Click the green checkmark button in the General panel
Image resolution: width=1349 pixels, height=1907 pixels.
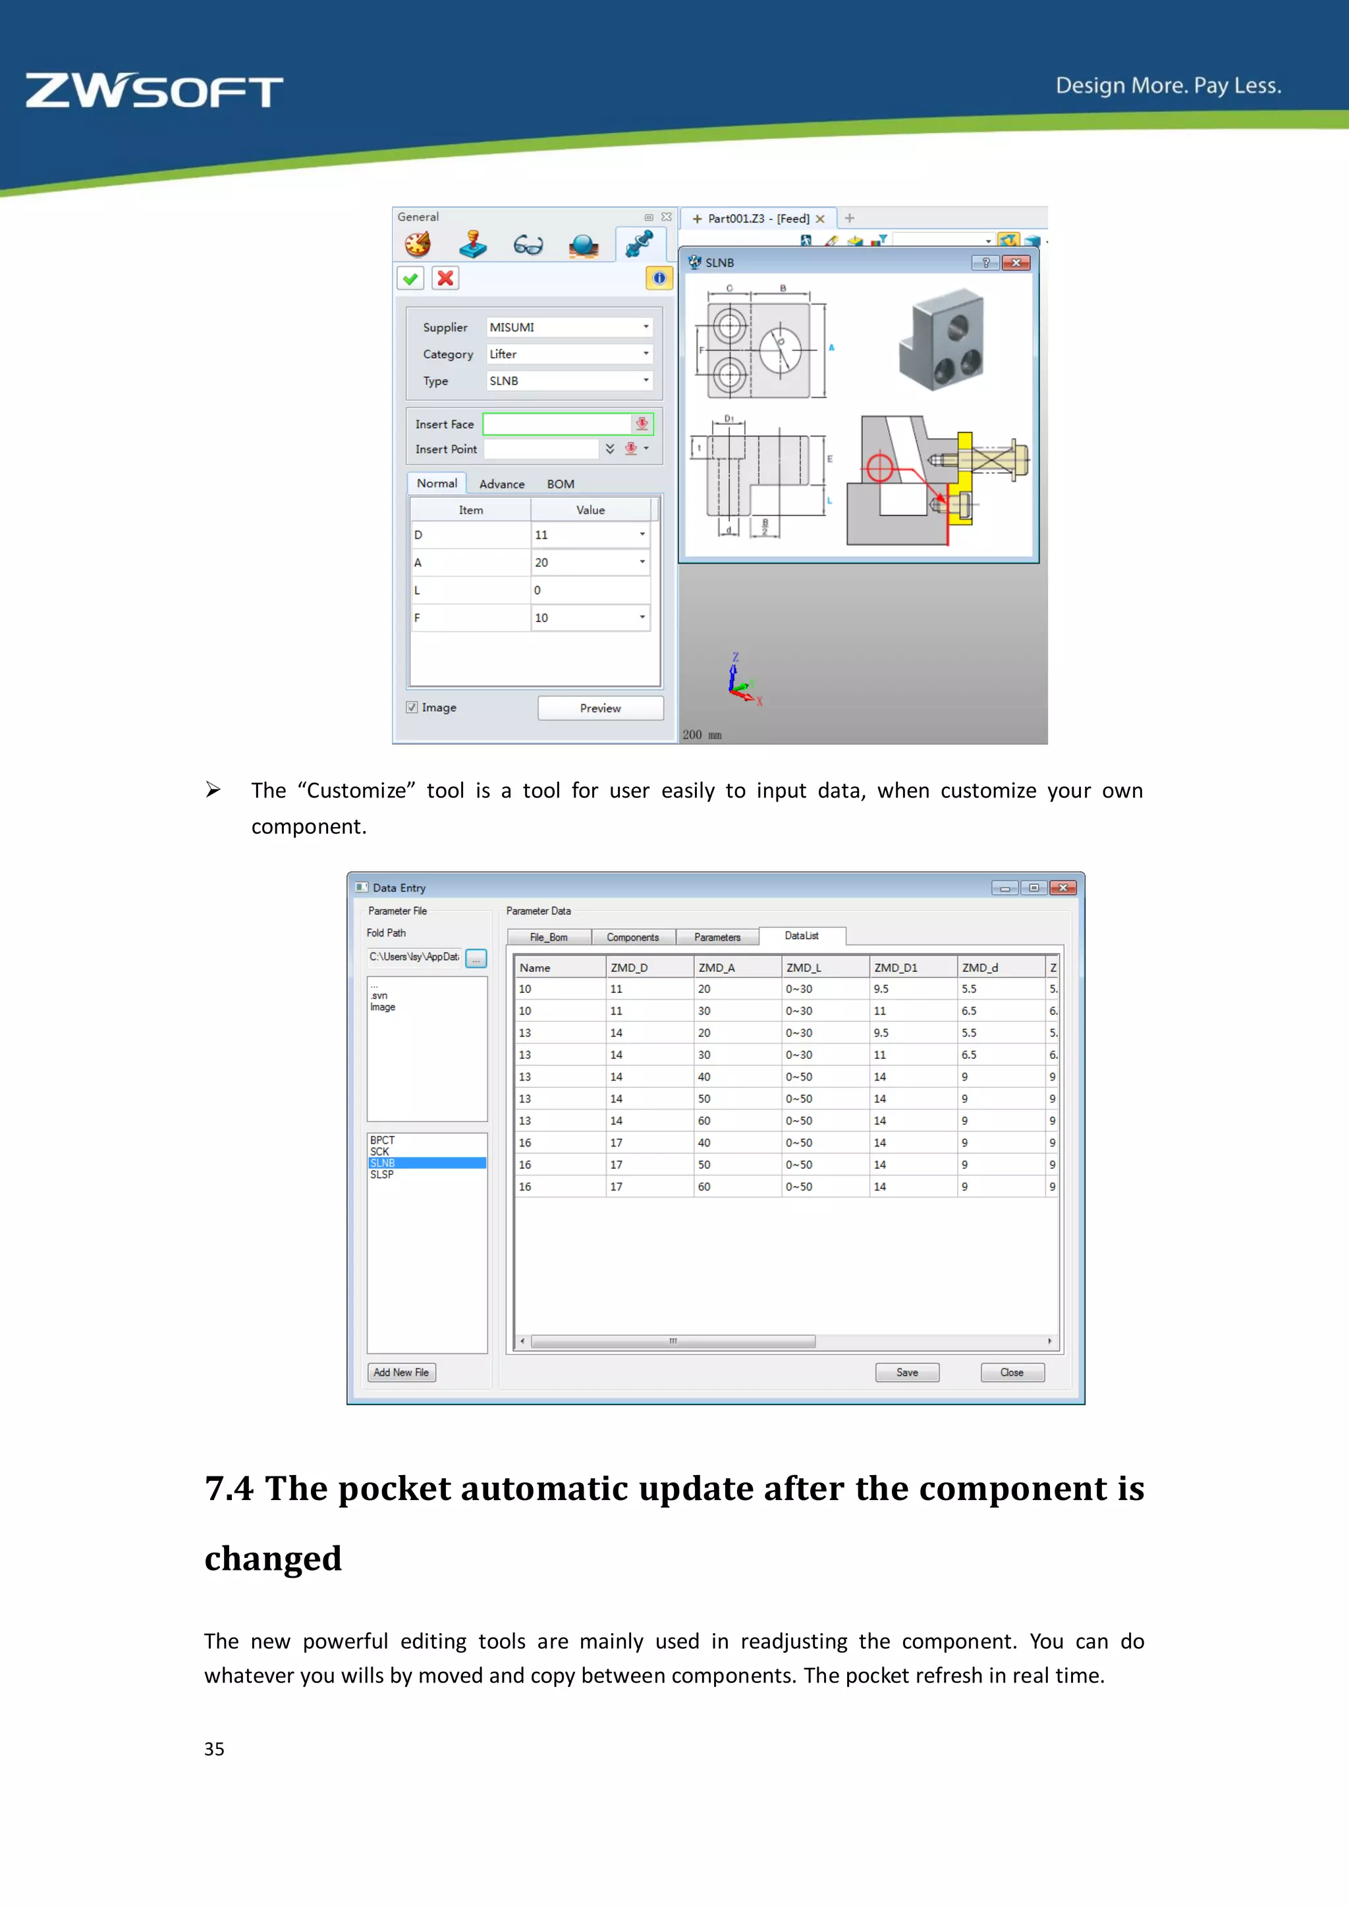[x=410, y=279]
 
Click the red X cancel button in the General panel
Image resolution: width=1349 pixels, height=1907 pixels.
[x=445, y=279]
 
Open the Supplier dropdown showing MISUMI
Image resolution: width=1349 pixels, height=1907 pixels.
[x=569, y=327]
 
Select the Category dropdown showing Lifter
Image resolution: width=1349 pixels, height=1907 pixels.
[x=569, y=354]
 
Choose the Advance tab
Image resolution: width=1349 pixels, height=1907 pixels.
[x=502, y=484]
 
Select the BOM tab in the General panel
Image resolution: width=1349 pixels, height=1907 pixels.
[x=560, y=484]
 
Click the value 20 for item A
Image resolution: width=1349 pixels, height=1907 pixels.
[x=588, y=562]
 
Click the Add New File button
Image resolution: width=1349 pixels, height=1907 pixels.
[x=401, y=1373]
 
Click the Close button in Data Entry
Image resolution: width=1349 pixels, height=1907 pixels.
[x=1011, y=1373]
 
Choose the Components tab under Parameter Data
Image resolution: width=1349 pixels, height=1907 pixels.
[x=632, y=938]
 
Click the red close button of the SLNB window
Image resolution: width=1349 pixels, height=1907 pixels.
[x=1015, y=263]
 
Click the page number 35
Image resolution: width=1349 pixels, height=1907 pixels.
[x=214, y=1749]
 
